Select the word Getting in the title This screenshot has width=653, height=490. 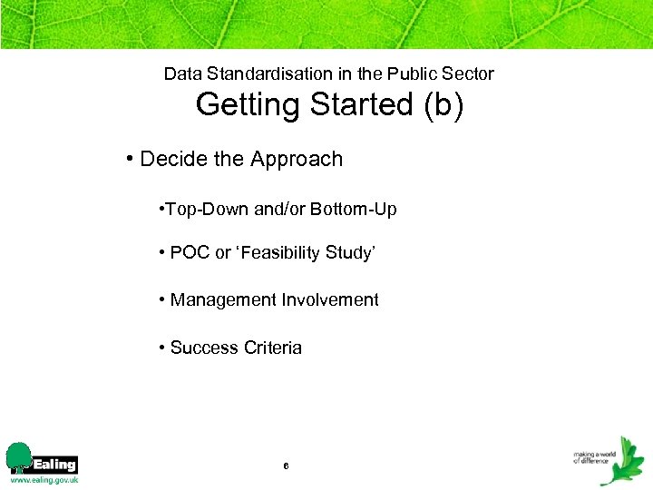tap(249, 105)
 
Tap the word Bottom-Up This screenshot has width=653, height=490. tap(354, 210)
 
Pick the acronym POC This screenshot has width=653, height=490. tap(190, 253)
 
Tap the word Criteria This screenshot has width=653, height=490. tap(270, 348)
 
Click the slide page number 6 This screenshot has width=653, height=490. tap(286, 465)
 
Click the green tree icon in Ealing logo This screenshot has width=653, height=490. tap(18, 457)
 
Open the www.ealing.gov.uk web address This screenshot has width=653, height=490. tap(44, 479)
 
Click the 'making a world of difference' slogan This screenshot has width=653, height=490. tap(594, 456)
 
